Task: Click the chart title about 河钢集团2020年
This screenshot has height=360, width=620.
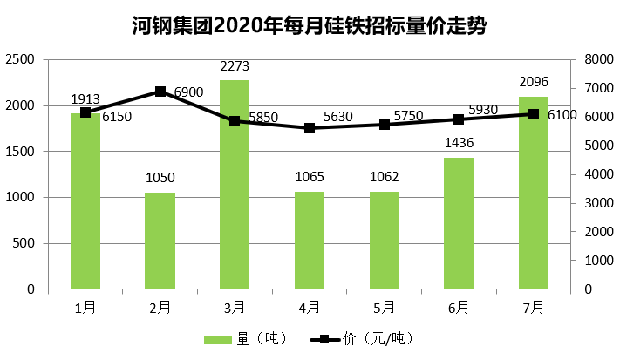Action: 310,26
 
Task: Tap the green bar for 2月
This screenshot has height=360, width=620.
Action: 160,241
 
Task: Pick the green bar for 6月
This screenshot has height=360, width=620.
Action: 459,223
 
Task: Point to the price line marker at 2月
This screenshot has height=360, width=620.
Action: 160,91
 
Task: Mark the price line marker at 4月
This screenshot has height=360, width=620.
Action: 310,128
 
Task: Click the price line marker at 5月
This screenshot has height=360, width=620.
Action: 385,125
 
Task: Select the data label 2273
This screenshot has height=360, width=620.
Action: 235,65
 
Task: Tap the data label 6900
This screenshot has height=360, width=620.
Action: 188,92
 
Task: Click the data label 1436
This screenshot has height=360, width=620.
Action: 459,143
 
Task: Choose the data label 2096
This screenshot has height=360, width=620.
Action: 533,82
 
